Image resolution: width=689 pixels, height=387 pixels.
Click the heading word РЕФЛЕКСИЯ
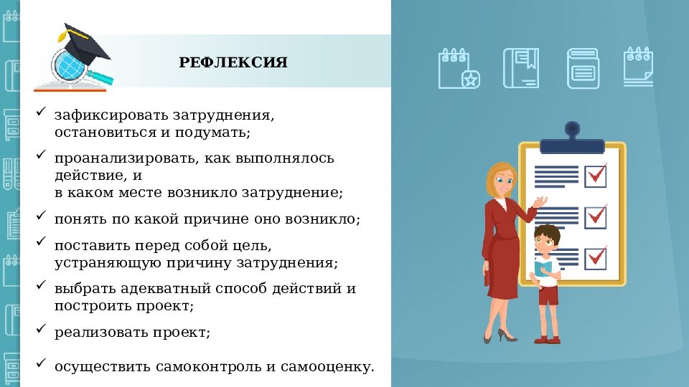click(233, 63)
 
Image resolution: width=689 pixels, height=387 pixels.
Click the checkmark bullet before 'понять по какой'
click(41, 216)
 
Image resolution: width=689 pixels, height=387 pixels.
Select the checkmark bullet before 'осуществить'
click(41, 363)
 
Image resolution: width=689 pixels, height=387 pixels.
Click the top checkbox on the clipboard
click(596, 174)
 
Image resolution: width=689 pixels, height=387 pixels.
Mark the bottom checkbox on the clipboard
click(596, 256)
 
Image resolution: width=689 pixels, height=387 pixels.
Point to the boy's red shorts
click(548, 294)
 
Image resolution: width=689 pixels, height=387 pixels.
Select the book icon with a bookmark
click(520, 68)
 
